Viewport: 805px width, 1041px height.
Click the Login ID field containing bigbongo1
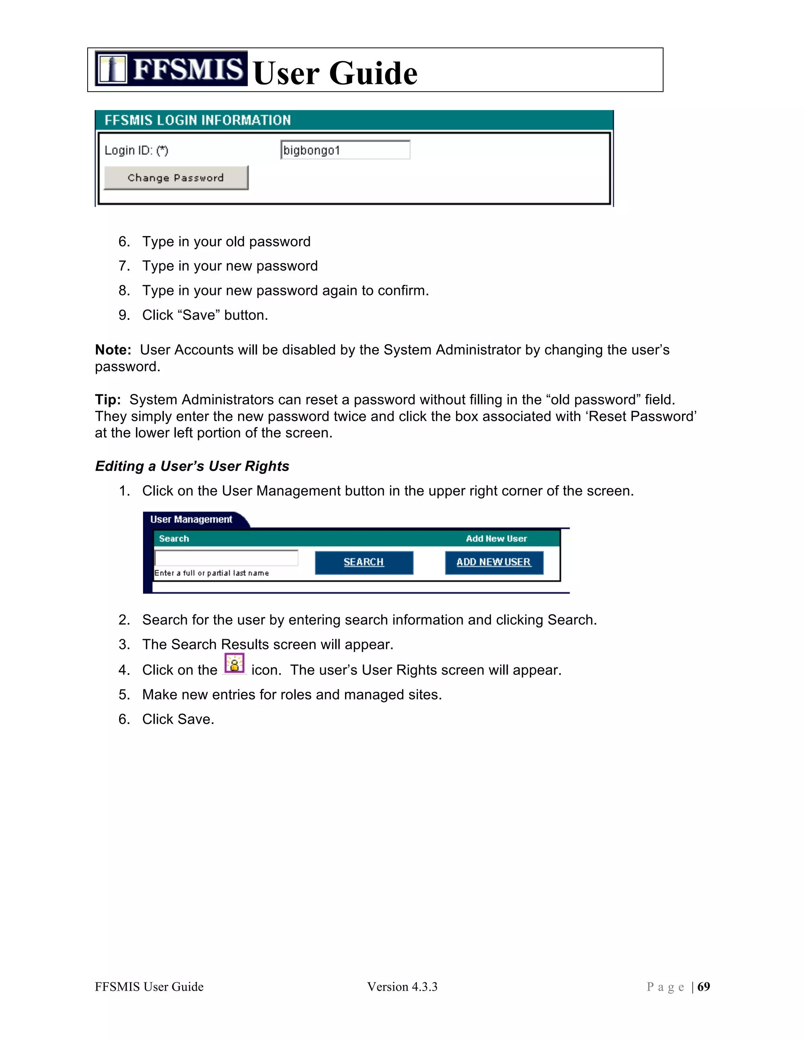point(345,150)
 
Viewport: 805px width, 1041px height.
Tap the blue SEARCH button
point(364,563)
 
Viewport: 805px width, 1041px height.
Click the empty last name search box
point(226,558)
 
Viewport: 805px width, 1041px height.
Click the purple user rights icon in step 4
point(234,663)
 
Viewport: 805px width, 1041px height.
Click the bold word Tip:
point(108,400)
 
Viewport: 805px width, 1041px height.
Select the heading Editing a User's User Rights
point(192,466)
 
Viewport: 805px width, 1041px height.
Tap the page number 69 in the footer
point(704,987)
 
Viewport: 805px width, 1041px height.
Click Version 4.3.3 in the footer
point(402,987)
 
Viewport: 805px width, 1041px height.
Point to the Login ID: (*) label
point(136,150)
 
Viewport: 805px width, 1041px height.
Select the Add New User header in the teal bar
point(496,539)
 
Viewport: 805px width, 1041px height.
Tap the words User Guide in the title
point(335,73)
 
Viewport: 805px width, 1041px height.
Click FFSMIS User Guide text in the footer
point(149,987)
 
